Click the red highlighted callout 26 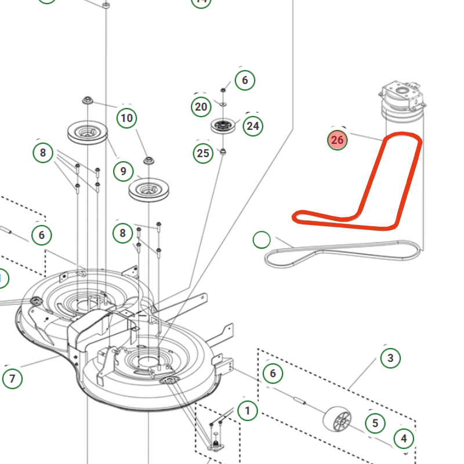338,140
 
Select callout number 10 126,119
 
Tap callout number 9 123,171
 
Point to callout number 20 201,107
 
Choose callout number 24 252,125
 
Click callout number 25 202,153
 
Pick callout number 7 12,379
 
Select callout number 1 248,411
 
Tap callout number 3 390,358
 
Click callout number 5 375,423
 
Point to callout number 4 404,438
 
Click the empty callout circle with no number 262,240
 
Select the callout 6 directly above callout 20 245,80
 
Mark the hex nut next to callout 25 223,152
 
